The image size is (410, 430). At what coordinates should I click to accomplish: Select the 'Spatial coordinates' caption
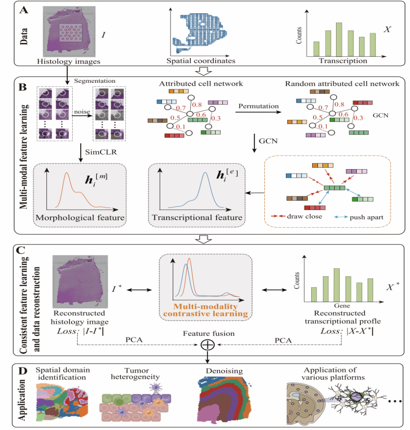(201, 61)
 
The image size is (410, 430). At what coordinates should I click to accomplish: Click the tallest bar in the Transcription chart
(339, 39)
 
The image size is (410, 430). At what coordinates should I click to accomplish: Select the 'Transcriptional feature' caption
(197, 217)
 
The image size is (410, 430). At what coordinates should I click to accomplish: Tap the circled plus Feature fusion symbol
(205, 344)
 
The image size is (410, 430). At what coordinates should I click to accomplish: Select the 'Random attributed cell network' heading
(342, 83)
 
